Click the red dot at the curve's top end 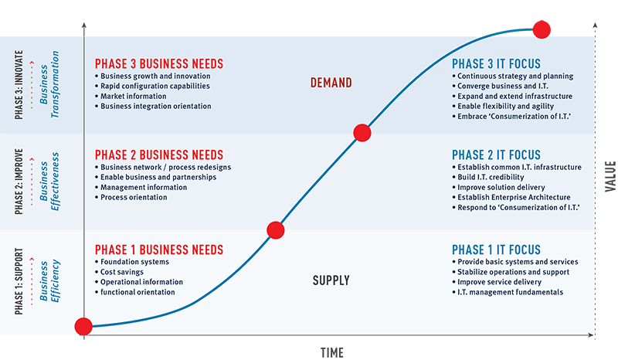[x=542, y=29]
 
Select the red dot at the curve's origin [x=83, y=327]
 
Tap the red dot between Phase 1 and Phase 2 [x=276, y=230]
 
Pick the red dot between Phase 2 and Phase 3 [x=362, y=133]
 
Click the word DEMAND [x=331, y=83]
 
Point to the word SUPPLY [x=331, y=280]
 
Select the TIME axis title [x=332, y=352]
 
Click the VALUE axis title [x=610, y=176]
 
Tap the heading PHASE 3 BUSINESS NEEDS [x=159, y=64]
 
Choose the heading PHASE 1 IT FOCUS [x=496, y=250]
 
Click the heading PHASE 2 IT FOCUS [x=496, y=155]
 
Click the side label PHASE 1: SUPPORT [x=19, y=281]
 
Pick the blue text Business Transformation [x=49, y=84]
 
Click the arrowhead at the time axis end [x=591, y=335]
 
